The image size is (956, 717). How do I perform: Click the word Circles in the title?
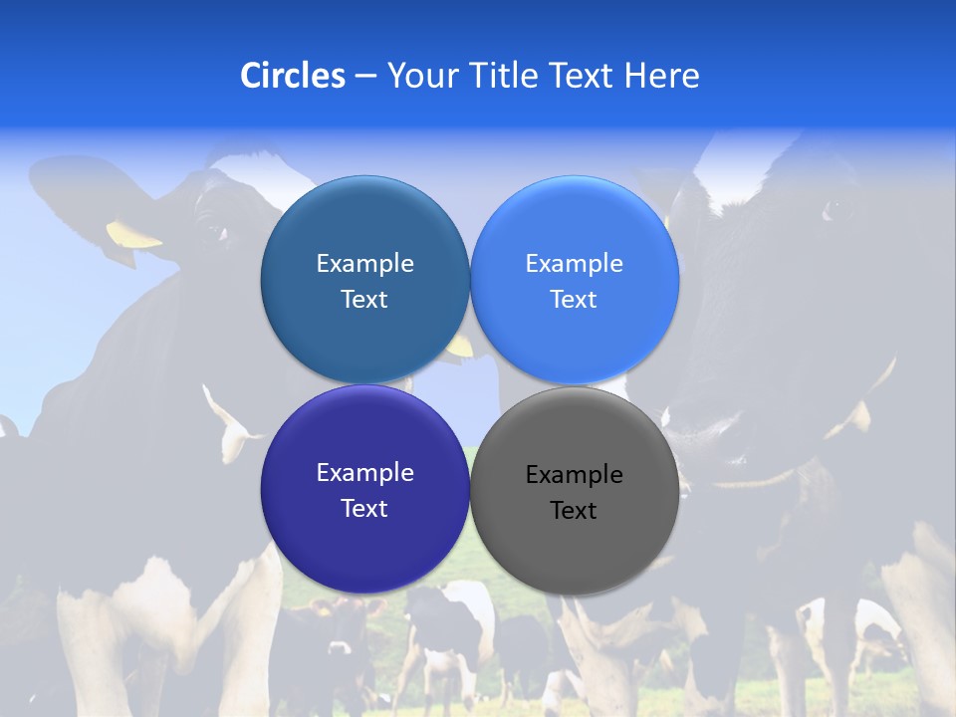[292, 76]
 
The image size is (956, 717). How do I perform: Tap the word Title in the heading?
[503, 76]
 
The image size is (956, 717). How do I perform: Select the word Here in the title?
[662, 76]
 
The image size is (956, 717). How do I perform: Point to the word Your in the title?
[422, 76]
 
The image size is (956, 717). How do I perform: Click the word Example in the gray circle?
[574, 475]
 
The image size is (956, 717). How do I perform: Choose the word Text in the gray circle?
[574, 511]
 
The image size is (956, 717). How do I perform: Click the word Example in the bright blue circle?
[574, 264]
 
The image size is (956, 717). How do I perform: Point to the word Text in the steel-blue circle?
[364, 300]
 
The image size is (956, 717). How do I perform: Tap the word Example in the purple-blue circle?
[364, 473]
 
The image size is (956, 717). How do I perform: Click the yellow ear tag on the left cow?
[132, 235]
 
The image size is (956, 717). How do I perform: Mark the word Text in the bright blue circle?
[574, 300]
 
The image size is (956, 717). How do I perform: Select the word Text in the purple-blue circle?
[364, 509]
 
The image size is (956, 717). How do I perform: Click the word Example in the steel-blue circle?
[364, 264]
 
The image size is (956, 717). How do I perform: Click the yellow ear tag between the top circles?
[460, 347]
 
